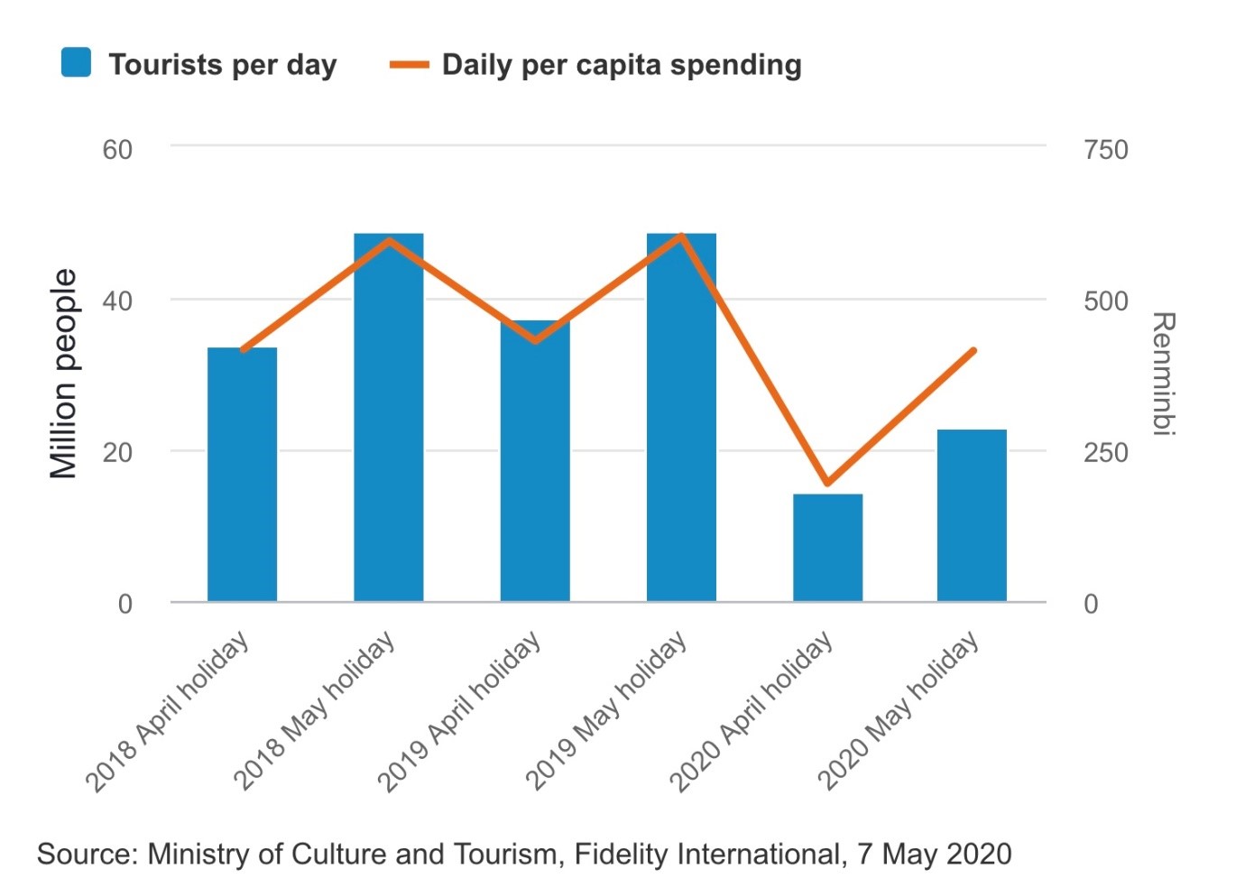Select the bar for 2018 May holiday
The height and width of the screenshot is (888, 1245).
(x=388, y=417)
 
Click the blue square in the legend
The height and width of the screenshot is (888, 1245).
(x=76, y=63)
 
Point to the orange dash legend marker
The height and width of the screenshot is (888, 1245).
(x=409, y=65)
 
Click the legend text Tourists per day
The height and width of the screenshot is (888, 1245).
(x=222, y=65)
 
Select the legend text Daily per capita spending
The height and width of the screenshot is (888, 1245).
(x=622, y=65)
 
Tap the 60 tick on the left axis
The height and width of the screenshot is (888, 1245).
(x=117, y=149)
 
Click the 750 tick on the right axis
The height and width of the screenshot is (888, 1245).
(x=1105, y=149)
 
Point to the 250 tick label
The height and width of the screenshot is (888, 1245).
(x=1105, y=452)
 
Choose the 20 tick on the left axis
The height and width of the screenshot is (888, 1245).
(x=117, y=452)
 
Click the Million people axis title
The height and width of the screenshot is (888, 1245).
(x=63, y=374)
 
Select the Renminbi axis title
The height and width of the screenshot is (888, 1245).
(x=1164, y=374)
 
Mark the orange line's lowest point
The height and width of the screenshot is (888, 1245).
(x=827, y=483)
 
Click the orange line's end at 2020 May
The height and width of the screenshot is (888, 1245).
(x=973, y=350)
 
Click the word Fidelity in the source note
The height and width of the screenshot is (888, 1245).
(x=622, y=854)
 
